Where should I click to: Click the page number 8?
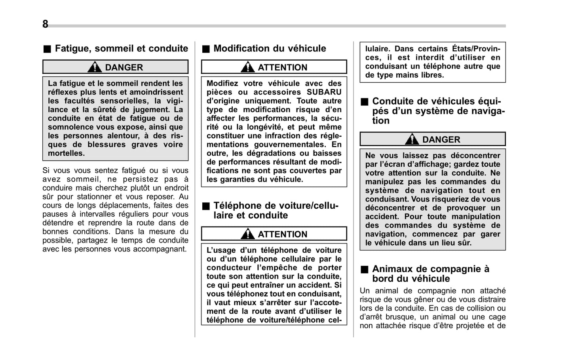click(45, 24)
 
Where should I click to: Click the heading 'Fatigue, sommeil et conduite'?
click(121, 49)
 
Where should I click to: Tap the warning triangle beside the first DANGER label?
click(95, 67)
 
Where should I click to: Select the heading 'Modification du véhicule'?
click(270, 49)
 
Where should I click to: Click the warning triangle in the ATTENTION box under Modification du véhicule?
click(247, 67)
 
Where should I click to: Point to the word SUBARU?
click(324, 92)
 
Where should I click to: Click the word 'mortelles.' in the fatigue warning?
click(66, 153)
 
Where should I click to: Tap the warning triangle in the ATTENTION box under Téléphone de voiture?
click(247, 234)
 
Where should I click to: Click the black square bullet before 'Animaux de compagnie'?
click(364, 270)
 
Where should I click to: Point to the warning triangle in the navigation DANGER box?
click(412, 139)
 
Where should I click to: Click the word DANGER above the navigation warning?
click(441, 140)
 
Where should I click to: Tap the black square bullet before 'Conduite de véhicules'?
click(364, 102)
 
